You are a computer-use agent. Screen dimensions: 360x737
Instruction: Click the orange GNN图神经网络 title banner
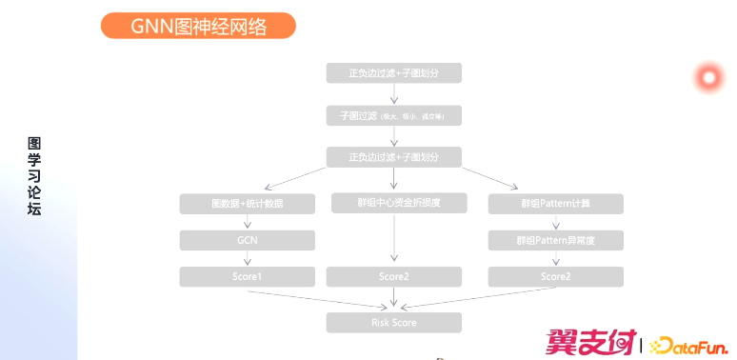[198, 26]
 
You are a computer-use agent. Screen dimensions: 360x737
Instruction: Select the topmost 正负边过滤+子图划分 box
[393, 73]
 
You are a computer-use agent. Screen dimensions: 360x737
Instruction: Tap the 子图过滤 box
[393, 115]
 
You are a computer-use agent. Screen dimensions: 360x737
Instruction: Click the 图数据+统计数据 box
[247, 204]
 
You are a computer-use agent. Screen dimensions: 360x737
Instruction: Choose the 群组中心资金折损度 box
[393, 202]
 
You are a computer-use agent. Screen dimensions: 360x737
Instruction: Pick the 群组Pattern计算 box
[555, 204]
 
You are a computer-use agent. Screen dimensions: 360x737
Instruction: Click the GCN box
[247, 240]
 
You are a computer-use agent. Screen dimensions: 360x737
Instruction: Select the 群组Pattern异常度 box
[555, 240]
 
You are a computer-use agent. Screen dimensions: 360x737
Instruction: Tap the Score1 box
[247, 276]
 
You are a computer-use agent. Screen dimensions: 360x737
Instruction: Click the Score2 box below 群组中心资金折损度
[393, 276]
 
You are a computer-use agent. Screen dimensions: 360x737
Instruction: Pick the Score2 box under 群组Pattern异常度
[555, 276]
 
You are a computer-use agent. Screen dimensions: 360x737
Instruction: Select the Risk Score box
[393, 323]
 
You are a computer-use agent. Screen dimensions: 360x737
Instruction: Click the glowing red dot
[708, 77]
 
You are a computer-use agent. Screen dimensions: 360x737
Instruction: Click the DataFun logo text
[688, 345]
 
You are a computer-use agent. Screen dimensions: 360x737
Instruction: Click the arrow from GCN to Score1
[247, 258]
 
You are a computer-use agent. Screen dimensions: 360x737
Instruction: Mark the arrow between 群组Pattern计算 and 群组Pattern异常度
[555, 222]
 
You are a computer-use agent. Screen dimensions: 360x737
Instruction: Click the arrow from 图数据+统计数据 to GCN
[247, 222]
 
